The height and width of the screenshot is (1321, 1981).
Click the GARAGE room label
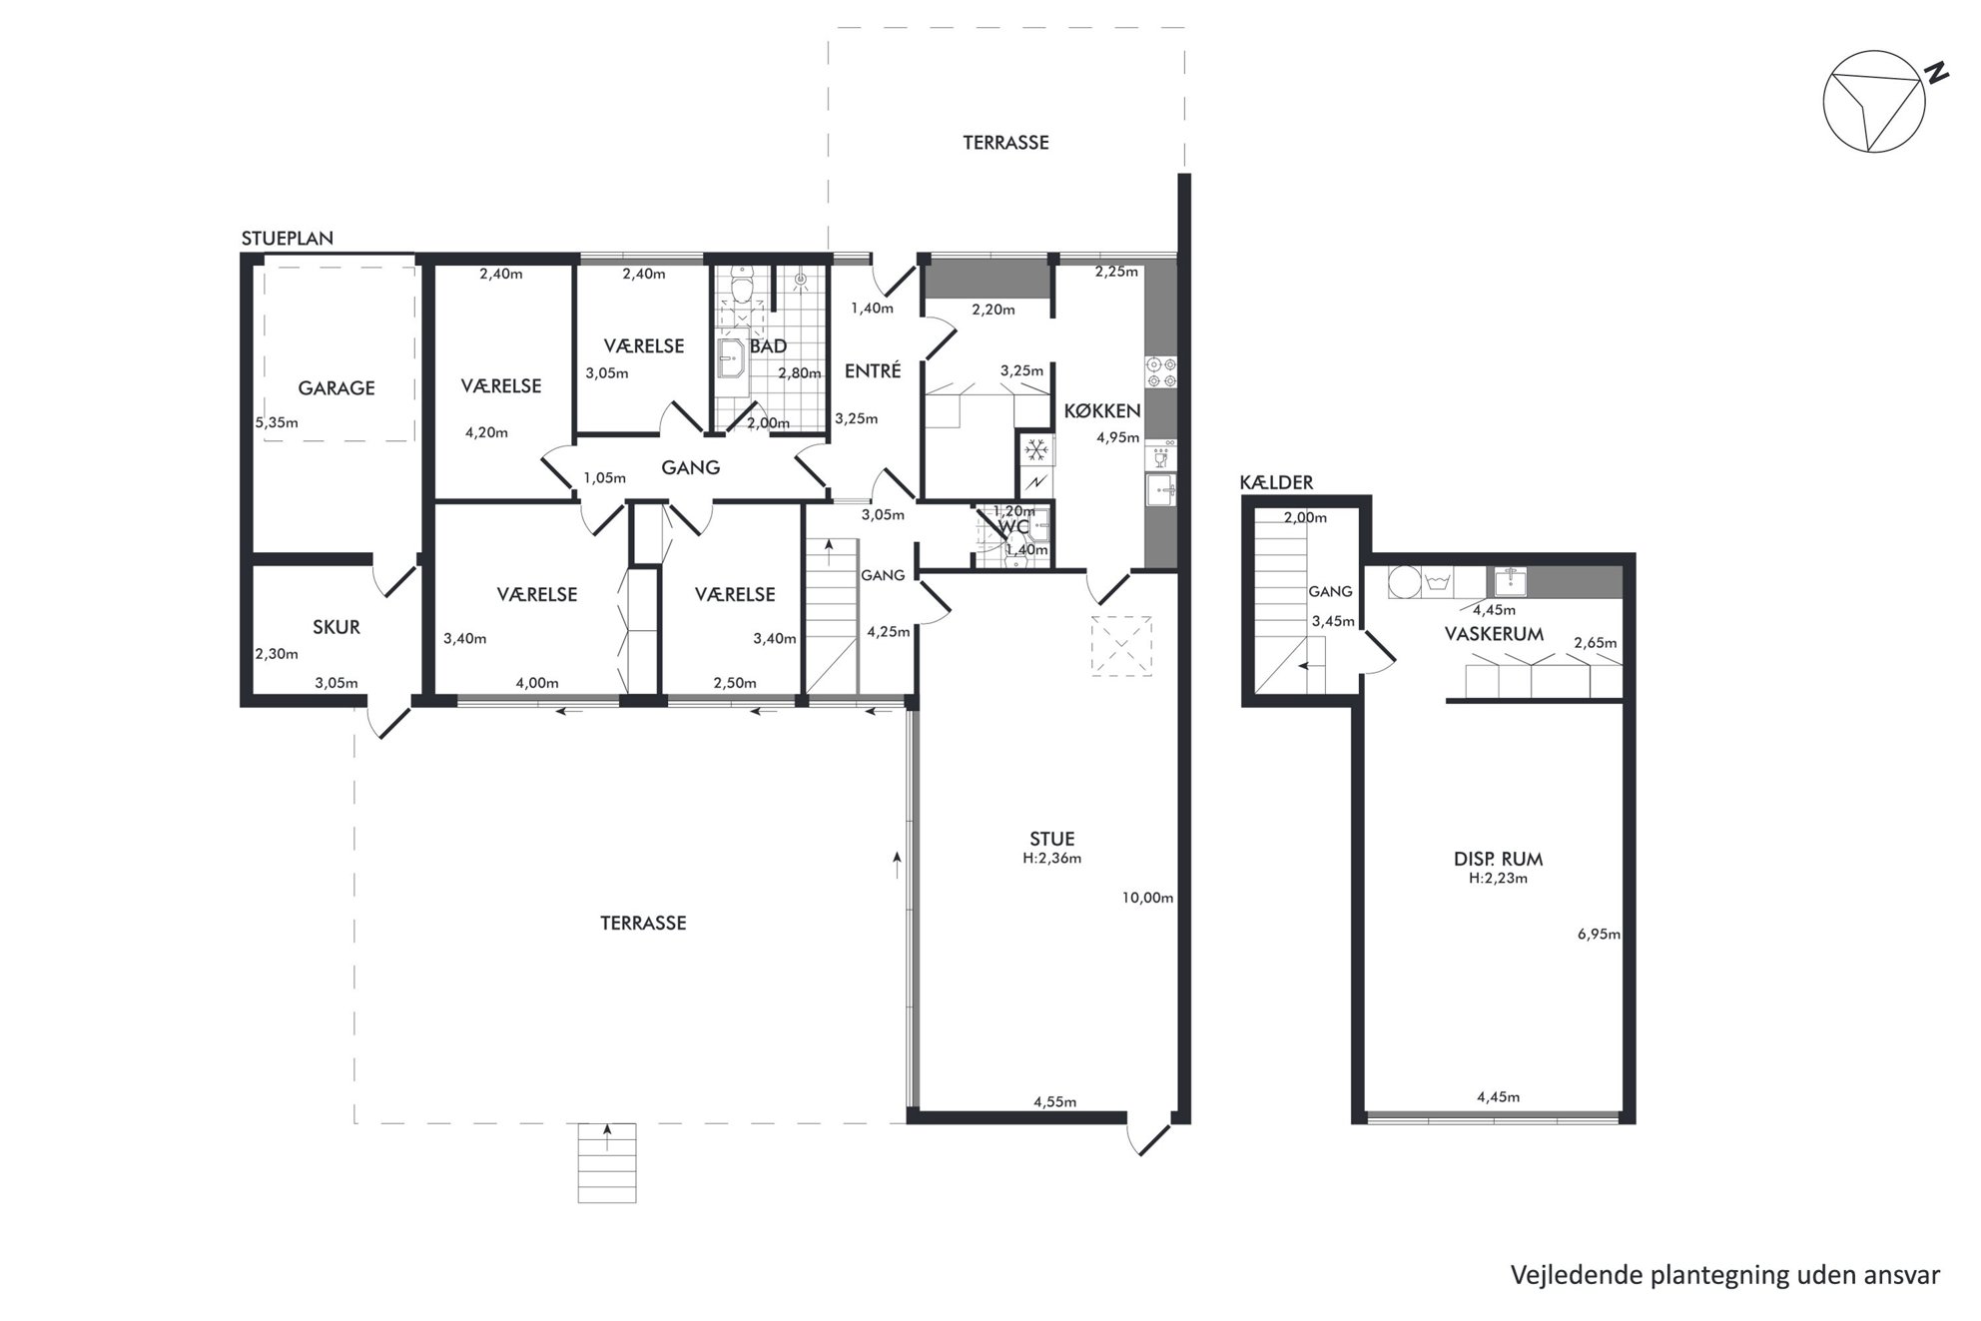[336, 388]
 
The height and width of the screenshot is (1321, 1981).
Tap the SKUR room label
[336, 627]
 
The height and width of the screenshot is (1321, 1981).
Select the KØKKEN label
[1102, 410]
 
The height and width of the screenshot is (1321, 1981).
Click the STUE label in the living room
[1052, 839]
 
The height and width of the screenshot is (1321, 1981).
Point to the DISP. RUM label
[1498, 859]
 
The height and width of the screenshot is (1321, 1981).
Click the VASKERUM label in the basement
[1494, 634]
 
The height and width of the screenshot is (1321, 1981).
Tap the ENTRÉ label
[873, 370]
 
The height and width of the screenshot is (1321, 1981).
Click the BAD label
[768, 346]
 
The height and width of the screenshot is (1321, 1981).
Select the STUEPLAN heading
[288, 239]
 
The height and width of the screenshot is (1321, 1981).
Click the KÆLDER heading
[1276, 482]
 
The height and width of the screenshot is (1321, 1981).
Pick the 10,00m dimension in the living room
[1147, 898]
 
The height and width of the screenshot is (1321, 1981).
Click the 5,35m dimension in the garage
[277, 422]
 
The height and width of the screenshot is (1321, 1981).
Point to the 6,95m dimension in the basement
[1599, 935]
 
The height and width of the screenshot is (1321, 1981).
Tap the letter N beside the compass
[1937, 73]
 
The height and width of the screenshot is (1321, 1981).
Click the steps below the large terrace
[607, 1162]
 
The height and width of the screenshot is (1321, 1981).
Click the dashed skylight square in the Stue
[1122, 646]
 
